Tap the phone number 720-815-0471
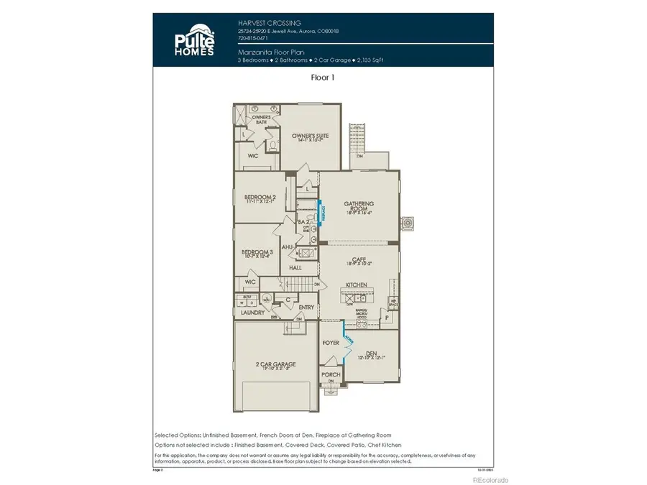click(252, 39)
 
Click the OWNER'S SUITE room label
click(310, 136)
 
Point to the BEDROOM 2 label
click(259, 197)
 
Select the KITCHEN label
click(357, 285)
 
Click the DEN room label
click(371, 353)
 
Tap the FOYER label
click(330, 343)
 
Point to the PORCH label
click(330, 374)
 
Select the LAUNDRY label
click(253, 313)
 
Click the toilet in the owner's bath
click(274, 146)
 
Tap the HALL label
click(295, 267)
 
